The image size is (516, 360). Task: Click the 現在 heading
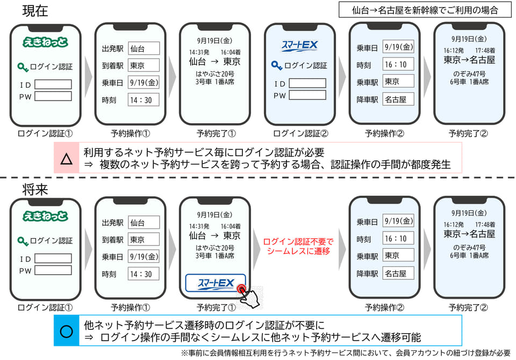(x=35, y=11)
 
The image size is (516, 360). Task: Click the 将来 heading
(x=35, y=189)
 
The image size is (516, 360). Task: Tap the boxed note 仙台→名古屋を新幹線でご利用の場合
(x=425, y=10)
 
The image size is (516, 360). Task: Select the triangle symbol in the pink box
(x=67, y=159)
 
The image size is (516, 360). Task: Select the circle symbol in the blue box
(x=67, y=331)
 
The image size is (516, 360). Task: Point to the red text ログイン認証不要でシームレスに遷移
(x=298, y=247)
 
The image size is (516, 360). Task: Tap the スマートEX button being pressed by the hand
(x=216, y=283)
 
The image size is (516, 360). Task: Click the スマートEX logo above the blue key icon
(x=299, y=46)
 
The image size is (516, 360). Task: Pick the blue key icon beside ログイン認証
(x=276, y=66)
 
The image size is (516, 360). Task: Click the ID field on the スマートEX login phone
(x=307, y=83)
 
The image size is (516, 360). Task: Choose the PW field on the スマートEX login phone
(x=307, y=95)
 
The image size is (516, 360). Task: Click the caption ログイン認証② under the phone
(x=300, y=133)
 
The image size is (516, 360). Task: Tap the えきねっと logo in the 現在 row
(x=45, y=42)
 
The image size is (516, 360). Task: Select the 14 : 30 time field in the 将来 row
(x=144, y=274)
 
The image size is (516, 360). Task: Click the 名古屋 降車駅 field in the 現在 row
(x=398, y=99)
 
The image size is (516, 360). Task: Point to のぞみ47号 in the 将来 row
(x=469, y=248)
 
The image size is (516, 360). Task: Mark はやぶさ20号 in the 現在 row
(x=215, y=74)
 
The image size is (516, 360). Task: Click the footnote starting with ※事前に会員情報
(x=346, y=353)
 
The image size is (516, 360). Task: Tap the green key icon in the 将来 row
(x=23, y=241)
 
